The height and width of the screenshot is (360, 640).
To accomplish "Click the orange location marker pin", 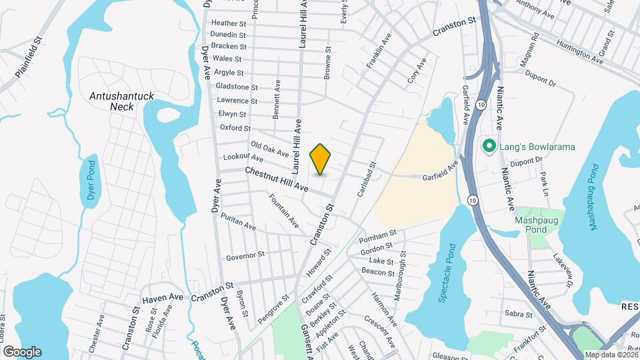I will coord(321,159).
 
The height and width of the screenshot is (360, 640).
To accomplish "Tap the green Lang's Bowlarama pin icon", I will coord(489,146).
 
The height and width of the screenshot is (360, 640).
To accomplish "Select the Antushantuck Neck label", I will coord(122,101).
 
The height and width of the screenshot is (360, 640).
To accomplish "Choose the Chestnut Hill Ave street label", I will coord(277,180).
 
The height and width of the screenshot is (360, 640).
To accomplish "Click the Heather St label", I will coord(229,23).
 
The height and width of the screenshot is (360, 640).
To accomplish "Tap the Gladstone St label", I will coord(237,87).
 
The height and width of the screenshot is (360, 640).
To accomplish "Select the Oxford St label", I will coord(235,128).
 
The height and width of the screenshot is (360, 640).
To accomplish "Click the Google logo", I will coord(22,352).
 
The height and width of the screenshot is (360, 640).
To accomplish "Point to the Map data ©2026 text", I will coord(610,355).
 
